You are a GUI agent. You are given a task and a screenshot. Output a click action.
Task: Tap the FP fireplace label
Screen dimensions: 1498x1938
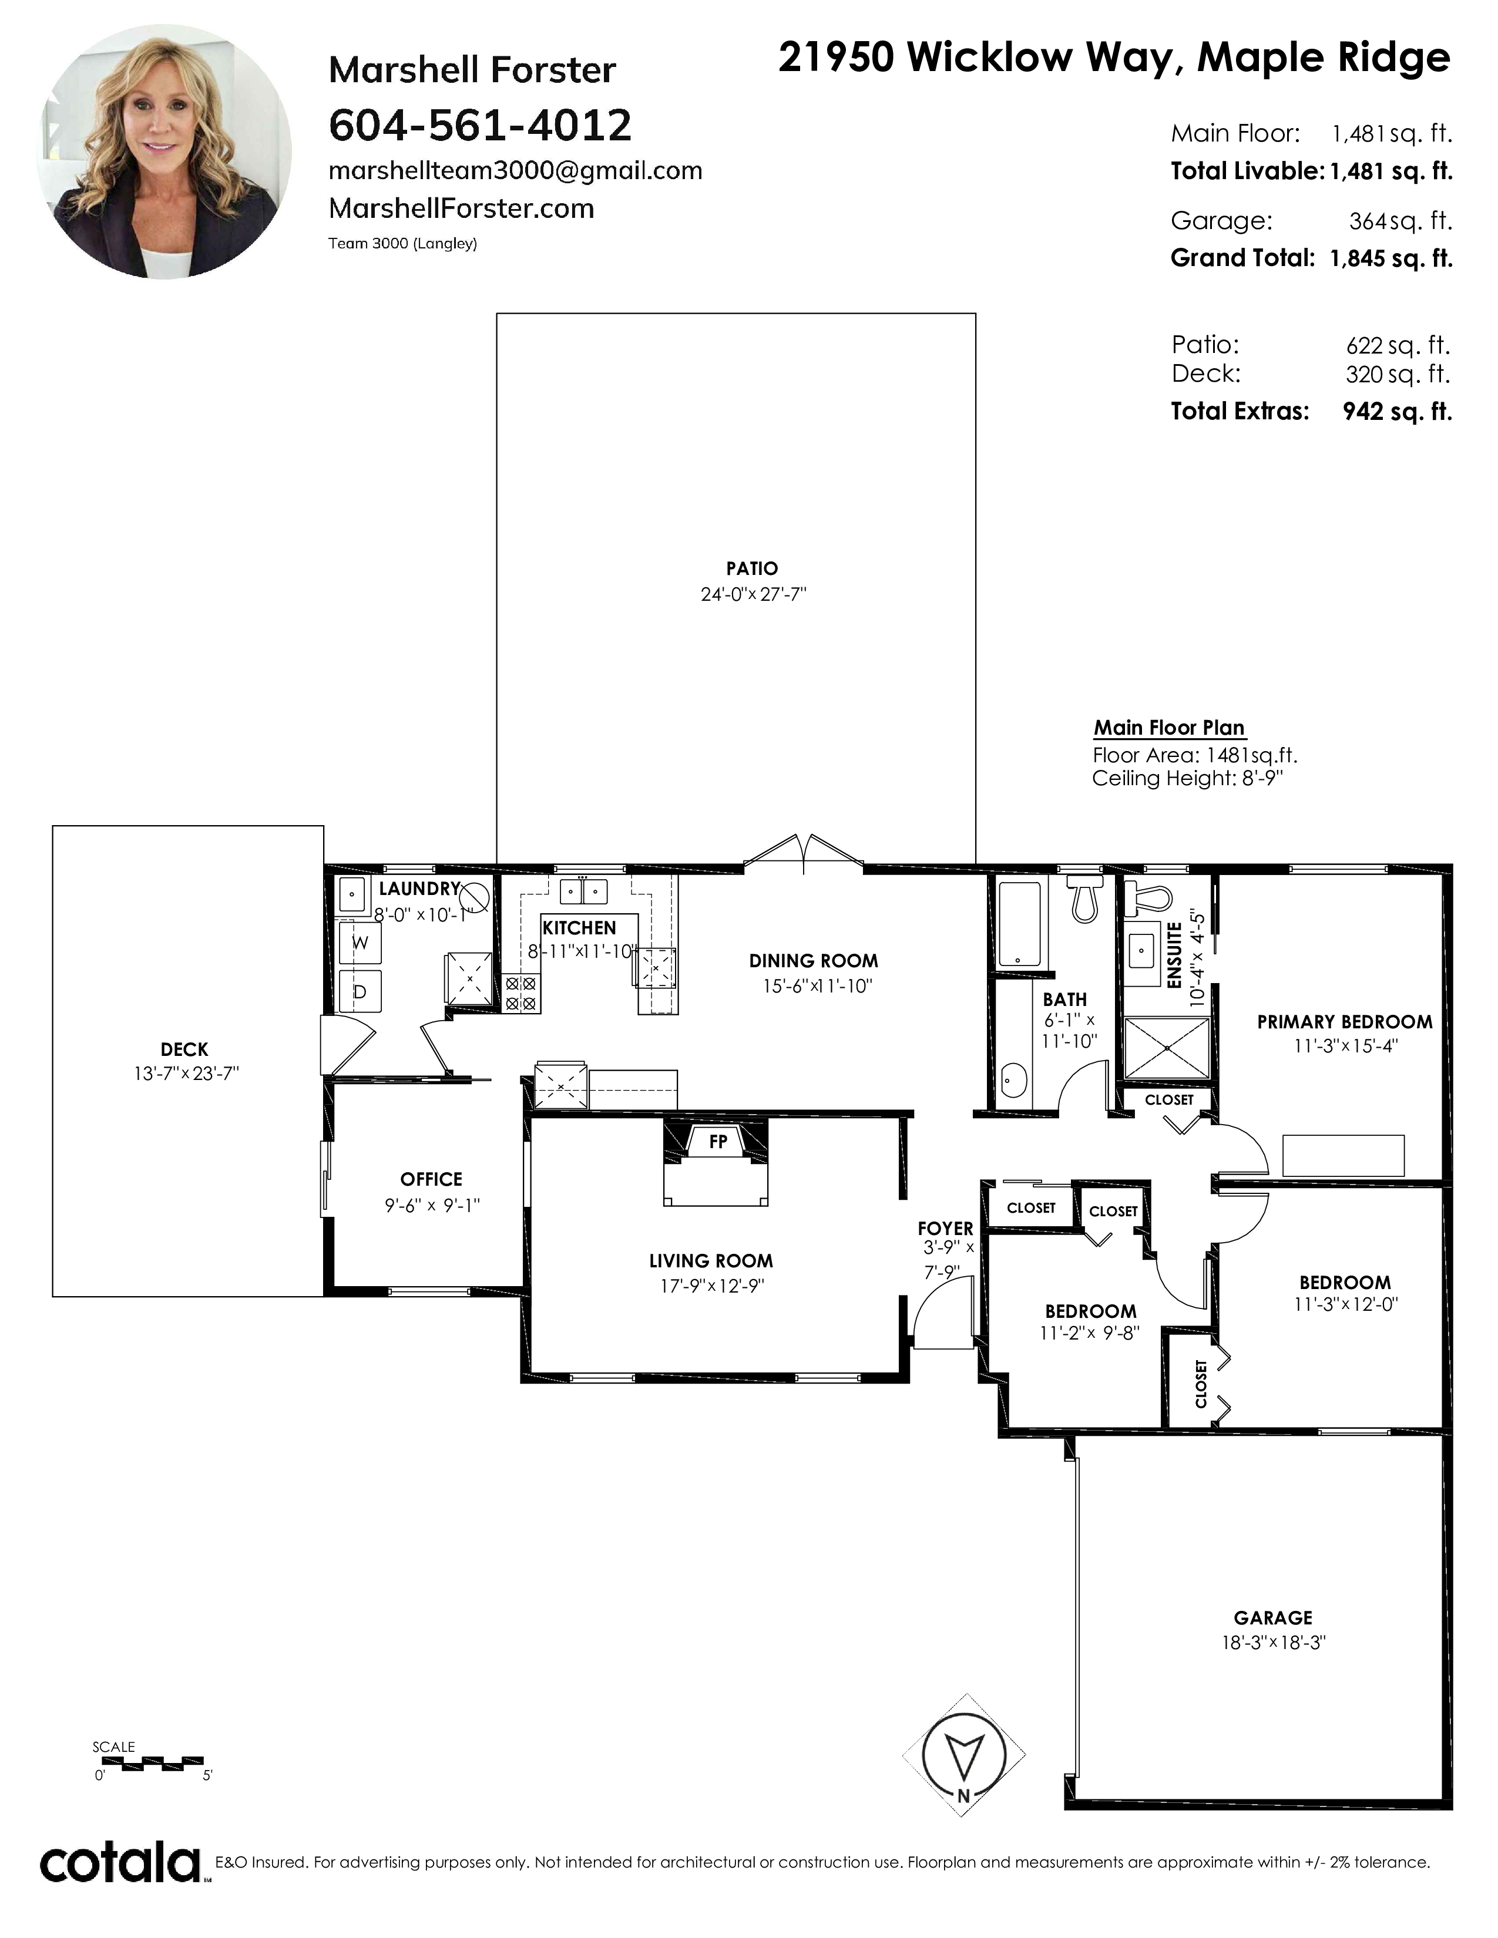click(x=718, y=1142)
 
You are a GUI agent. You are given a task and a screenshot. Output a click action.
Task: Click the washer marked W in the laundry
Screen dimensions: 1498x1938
click(x=360, y=943)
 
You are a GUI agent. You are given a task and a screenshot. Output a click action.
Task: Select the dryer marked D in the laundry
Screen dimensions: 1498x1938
click(x=360, y=991)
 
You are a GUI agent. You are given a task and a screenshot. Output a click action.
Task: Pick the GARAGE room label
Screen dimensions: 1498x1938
click(x=1272, y=1618)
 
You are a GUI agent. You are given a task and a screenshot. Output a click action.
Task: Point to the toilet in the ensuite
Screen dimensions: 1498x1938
click(x=1147, y=897)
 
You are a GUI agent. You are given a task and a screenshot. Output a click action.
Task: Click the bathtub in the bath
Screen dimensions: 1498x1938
click(x=1019, y=924)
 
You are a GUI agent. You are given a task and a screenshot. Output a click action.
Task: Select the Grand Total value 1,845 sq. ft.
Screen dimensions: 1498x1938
click(x=1390, y=258)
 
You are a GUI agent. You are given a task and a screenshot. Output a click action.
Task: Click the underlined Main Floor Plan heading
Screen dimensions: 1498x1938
click(x=1169, y=728)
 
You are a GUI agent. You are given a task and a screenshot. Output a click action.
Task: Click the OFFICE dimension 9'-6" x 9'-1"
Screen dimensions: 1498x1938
click(x=432, y=1205)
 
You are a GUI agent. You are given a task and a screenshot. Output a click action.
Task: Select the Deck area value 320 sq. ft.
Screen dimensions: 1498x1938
click(x=1398, y=375)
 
